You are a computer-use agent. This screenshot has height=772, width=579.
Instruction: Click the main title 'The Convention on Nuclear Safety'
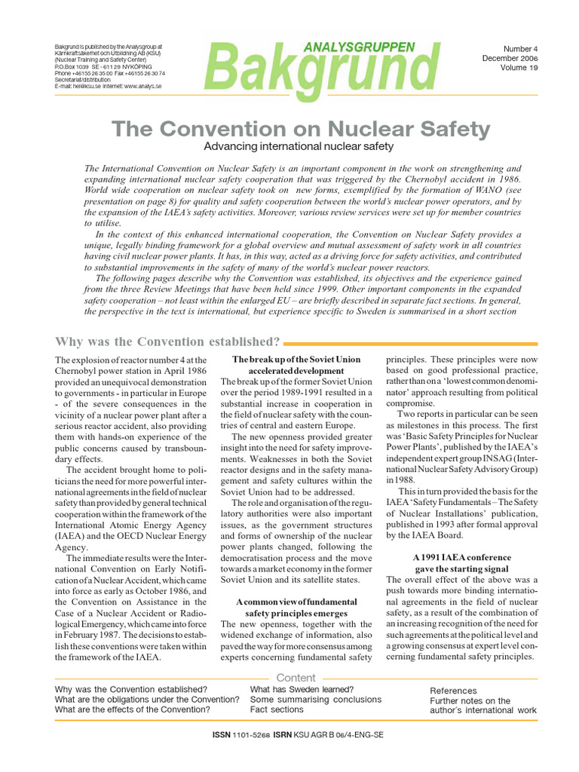click(301, 129)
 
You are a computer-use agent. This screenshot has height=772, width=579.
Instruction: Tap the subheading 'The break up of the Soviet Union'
click(296, 360)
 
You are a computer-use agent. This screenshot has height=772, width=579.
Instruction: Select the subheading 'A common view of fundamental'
click(296, 602)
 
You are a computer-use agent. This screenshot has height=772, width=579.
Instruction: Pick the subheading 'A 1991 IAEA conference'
click(462, 557)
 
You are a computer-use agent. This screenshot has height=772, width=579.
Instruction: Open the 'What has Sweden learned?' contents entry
click(302, 689)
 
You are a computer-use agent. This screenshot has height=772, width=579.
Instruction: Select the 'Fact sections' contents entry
click(277, 709)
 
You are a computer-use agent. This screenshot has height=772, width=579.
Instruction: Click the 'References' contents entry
click(453, 691)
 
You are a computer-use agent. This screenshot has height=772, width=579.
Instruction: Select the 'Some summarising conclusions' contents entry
click(314, 700)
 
